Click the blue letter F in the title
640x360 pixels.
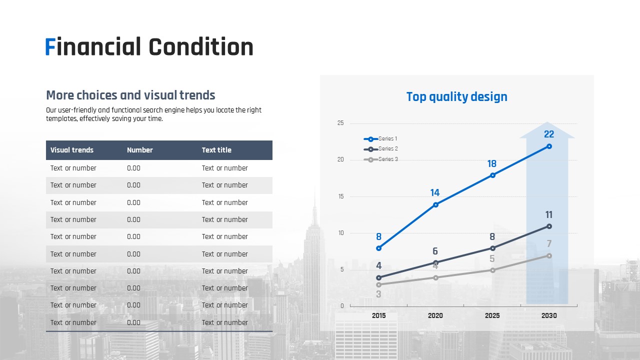pos(50,46)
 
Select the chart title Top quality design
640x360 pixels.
pos(457,97)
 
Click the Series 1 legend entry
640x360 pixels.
pos(380,139)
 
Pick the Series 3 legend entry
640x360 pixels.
pos(380,159)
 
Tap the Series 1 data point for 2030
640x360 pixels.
pos(549,146)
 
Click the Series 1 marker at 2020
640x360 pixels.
pos(435,204)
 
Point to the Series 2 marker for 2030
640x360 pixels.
pos(549,226)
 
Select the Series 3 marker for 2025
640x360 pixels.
pos(492,270)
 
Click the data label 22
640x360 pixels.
pos(549,134)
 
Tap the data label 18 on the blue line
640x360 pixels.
pos(491,163)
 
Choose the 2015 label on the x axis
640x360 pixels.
pos(378,315)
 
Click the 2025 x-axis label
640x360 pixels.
pos(492,315)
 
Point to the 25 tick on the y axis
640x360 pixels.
pos(340,123)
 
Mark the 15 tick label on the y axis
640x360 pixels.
pos(341,196)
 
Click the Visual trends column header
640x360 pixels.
pos(72,150)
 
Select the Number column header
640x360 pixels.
pos(140,150)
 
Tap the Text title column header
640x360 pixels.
pos(216,150)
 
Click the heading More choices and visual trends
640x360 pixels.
pos(130,95)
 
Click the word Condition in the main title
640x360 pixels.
pos(201,46)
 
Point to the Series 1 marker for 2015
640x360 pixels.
pos(379,248)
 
